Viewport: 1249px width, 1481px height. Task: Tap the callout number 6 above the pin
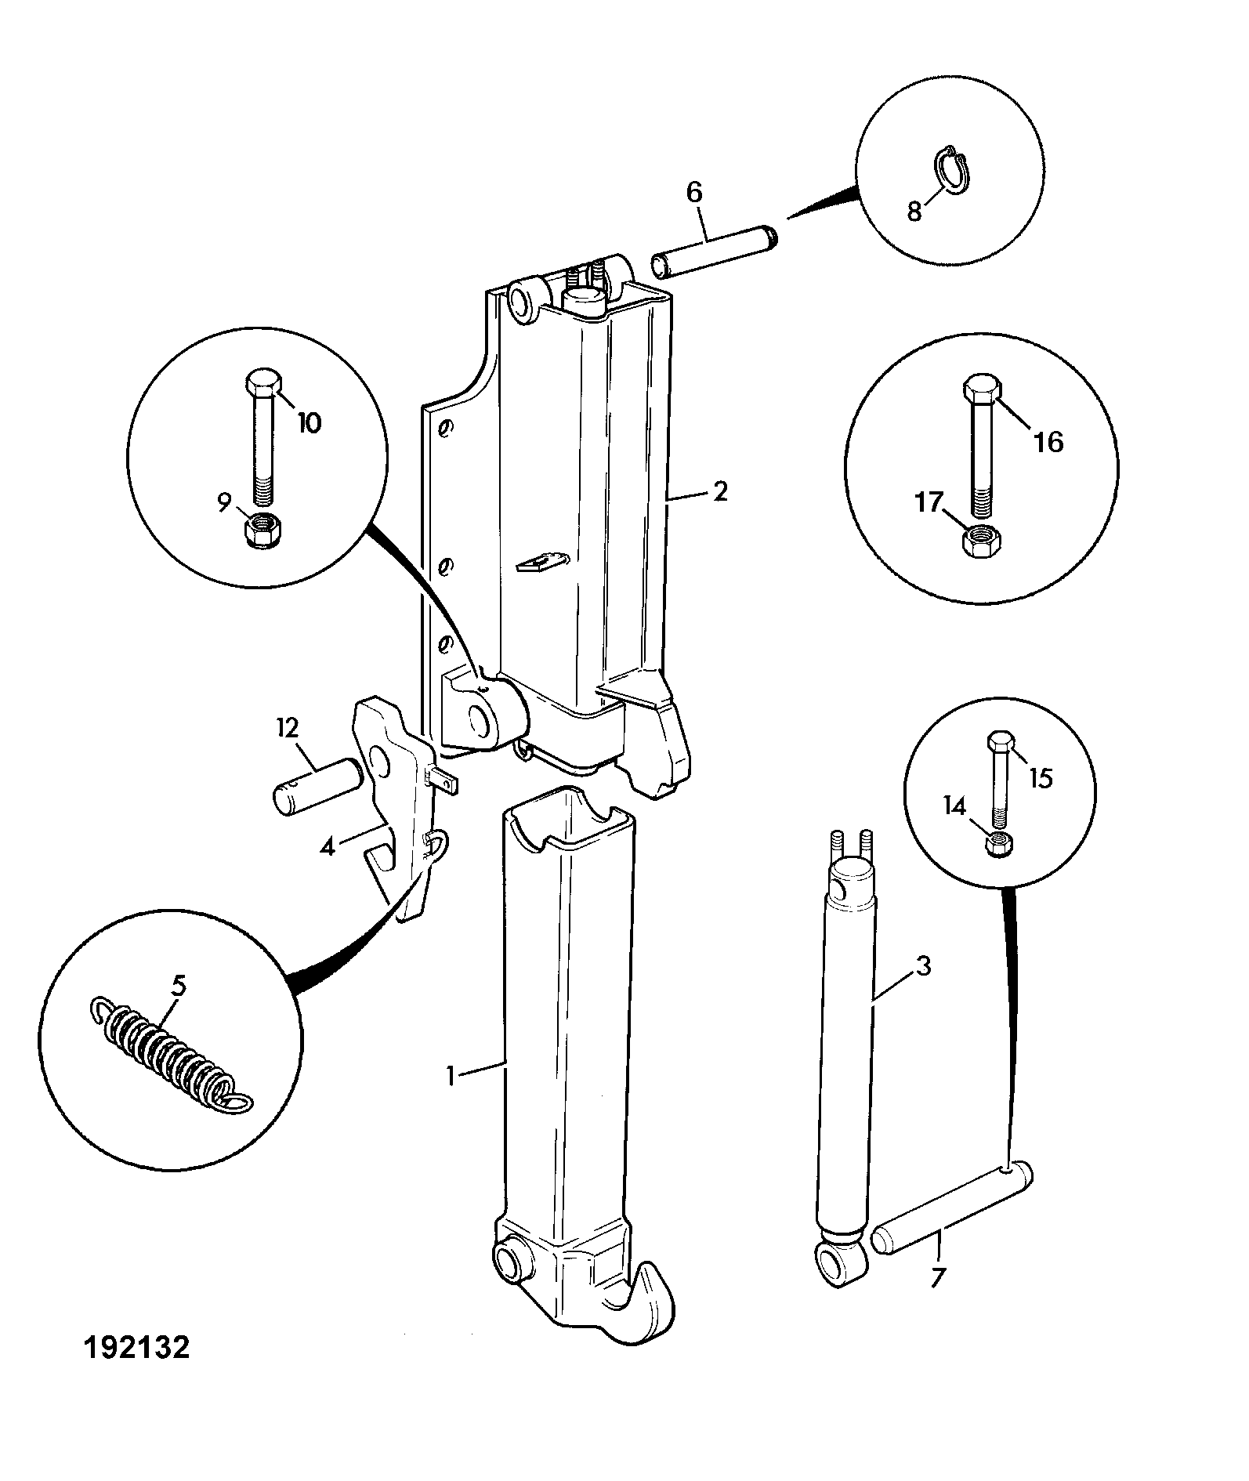[694, 193]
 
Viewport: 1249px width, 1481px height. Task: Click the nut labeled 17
[977, 541]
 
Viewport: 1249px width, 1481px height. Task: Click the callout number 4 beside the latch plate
[328, 846]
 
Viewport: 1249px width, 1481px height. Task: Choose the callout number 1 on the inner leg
[451, 1077]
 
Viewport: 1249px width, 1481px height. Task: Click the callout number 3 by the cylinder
[923, 966]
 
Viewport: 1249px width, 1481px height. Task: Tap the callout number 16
[1049, 442]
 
